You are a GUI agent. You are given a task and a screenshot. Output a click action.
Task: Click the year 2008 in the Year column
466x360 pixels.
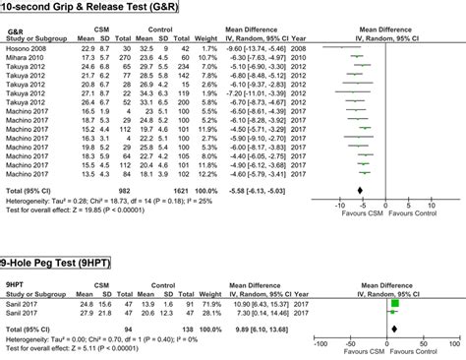[311, 47]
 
